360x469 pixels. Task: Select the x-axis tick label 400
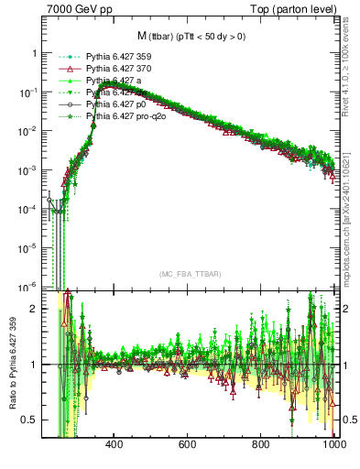pos(115,445)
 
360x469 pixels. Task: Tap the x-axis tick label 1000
pos(333,445)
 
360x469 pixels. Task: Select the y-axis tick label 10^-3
pos(27,170)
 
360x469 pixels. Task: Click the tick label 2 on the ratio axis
pos(35,309)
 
